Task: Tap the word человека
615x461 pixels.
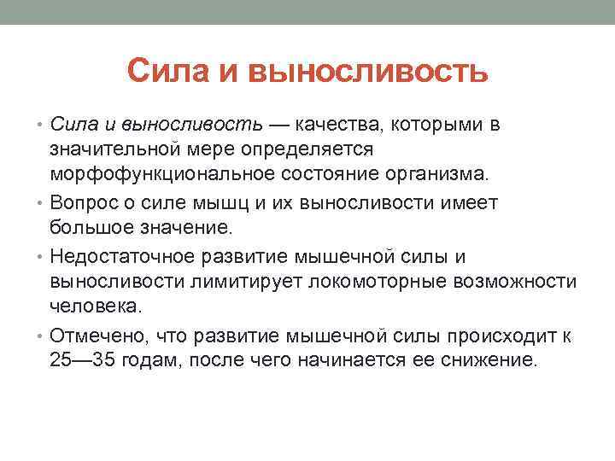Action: click(x=89, y=306)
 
